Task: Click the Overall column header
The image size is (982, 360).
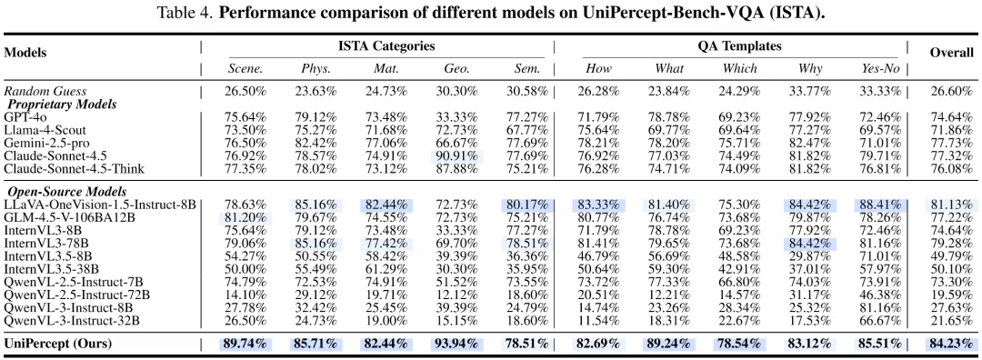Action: pos(951,53)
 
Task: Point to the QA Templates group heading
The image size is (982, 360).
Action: pos(734,46)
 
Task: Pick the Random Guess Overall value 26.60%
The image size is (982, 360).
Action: pos(951,91)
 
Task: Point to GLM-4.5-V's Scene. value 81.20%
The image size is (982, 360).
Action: pos(245,218)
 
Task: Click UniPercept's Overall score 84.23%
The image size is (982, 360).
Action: pos(951,343)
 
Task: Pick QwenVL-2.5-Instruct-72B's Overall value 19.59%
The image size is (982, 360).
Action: pos(951,295)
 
